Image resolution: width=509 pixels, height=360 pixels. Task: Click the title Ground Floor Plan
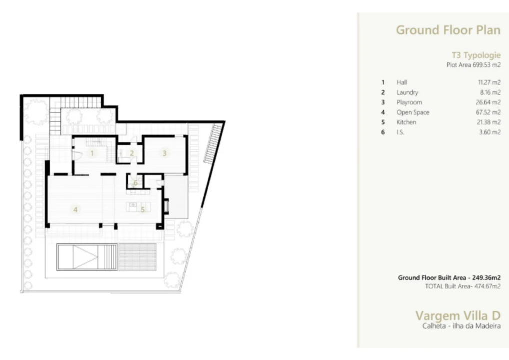tap(448, 30)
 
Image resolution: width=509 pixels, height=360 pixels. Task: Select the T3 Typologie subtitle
tap(475, 55)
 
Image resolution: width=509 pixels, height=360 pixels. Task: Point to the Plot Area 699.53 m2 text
tap(473, 65)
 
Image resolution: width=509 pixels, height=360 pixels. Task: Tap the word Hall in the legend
tap(402, 82)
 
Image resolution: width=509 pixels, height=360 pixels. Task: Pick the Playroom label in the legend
tap(409, 102)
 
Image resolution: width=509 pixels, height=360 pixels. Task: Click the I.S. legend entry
tap(400, 132)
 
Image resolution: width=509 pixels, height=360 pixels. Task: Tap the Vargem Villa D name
tap(458, 316)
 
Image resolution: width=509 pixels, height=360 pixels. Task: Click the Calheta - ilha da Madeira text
tap(461, 326)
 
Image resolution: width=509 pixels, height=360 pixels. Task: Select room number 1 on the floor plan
tap(92, 153)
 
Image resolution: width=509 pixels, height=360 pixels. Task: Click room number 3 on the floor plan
tap(164, 153)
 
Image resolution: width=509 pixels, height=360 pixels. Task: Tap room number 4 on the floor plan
tap(75, 210)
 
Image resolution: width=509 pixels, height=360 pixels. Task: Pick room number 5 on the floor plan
tap(142, 210)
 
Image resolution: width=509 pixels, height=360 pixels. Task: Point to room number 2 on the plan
tap(132, 153)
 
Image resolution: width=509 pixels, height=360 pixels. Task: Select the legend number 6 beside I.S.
tap(383, 132)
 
